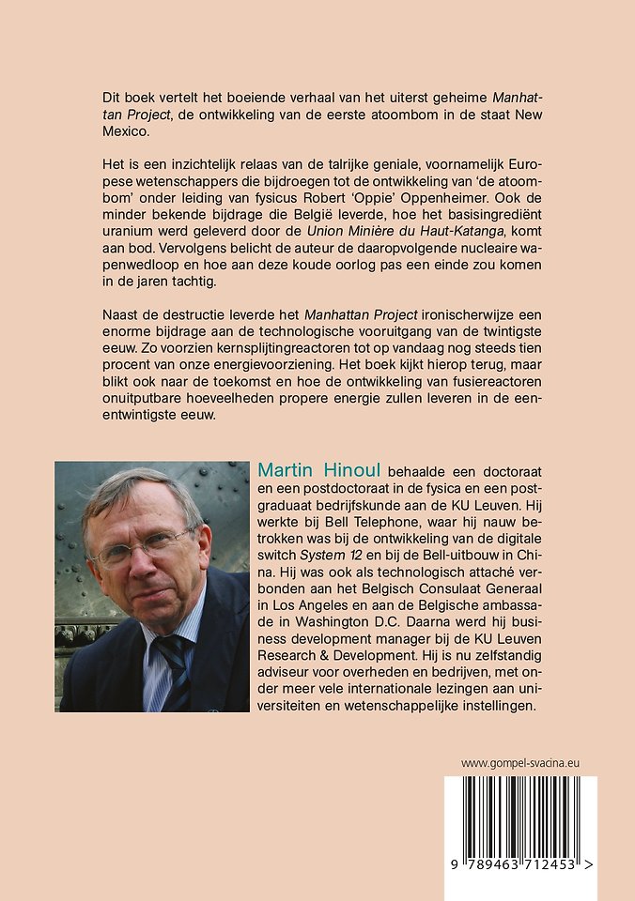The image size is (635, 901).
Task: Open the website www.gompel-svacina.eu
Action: (519, 763)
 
